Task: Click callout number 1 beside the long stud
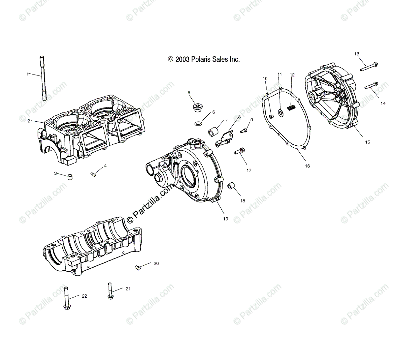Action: pyautogui.click(x=28, y=74)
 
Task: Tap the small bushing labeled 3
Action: pyautogui.click(x=70, y=177)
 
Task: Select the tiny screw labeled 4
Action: pyautogui.click(x=93, y=174)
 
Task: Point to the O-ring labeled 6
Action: pyautogui.click(x=198, y=124)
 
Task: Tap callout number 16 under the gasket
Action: pyautogui.click(x=307, y=166)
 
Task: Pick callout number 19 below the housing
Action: pyautogui.click(x=226, y=219)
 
